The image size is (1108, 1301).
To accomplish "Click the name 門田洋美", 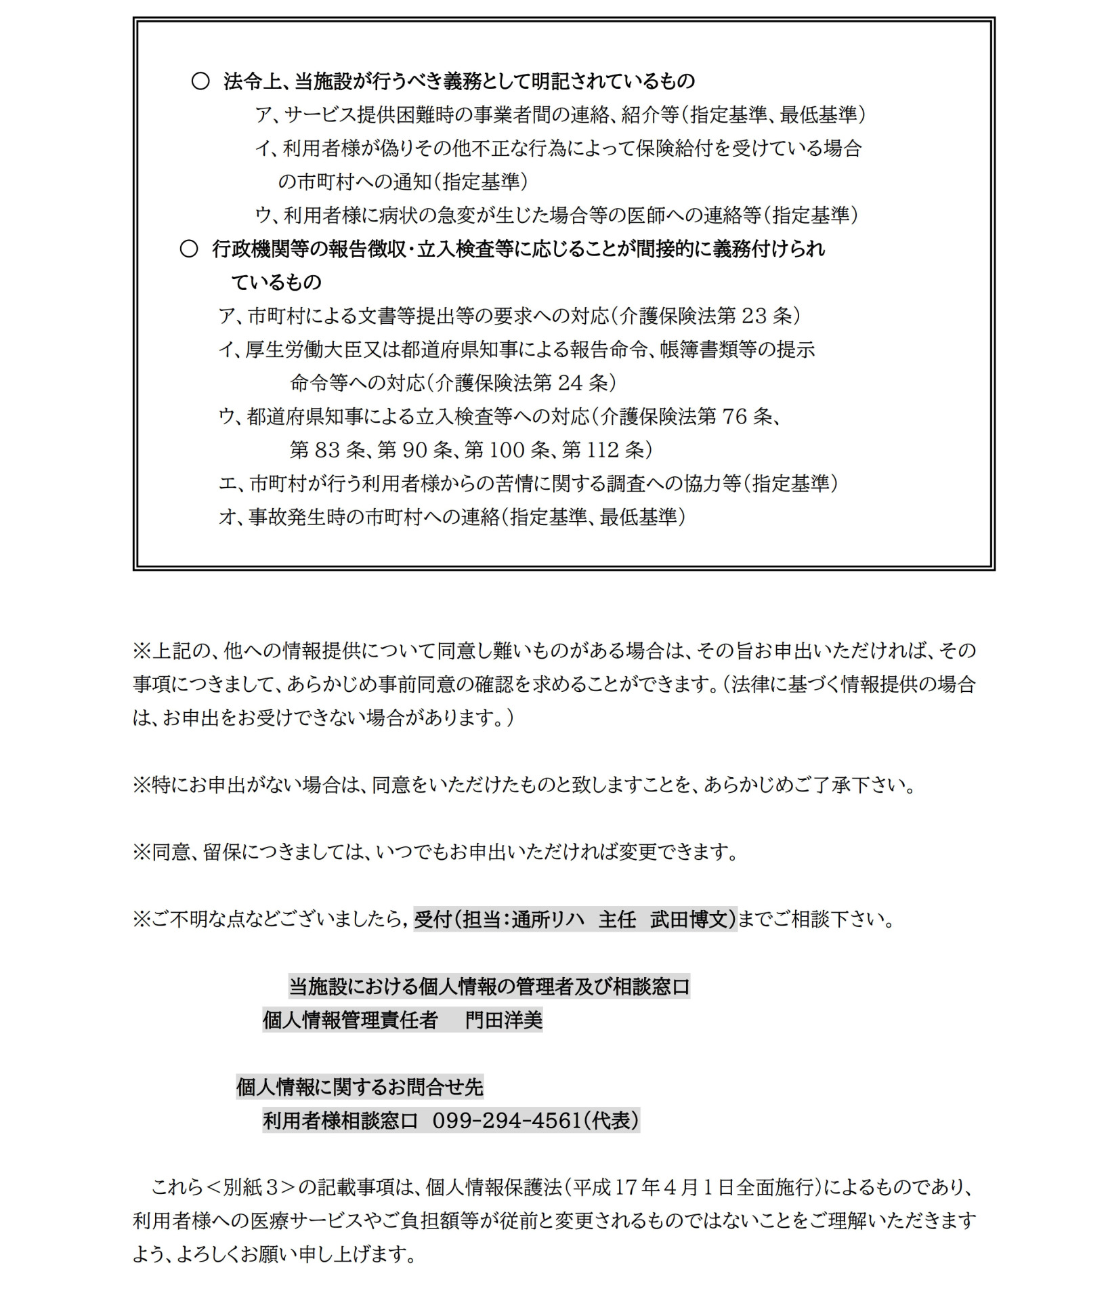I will point(503,1020).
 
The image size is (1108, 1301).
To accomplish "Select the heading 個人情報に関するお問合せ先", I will point(359,1087).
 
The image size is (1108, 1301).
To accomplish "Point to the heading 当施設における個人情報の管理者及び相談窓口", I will point(488,986).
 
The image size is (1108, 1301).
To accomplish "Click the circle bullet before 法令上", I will point(200,81).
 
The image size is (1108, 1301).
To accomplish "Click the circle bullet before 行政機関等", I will point(189,249).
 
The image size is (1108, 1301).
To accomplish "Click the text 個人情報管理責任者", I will point(349,1020).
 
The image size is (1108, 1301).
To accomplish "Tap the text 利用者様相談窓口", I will point(340,1121).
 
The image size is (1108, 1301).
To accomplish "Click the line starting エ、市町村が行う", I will point(528,483).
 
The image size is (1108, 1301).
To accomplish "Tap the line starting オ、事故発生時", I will point(452,517).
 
